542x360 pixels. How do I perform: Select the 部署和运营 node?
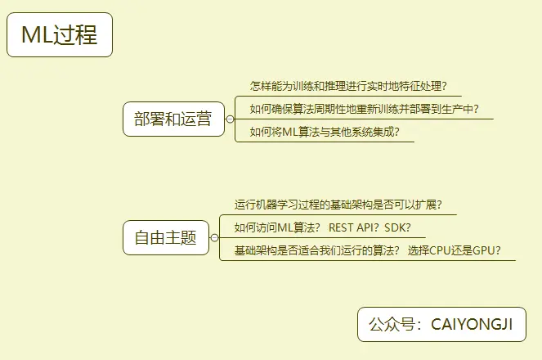click(173, 119)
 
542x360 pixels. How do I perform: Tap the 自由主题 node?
click(166, 238)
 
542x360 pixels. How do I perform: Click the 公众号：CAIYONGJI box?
click(441, 325)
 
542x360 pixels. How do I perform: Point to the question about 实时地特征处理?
click(348, 86)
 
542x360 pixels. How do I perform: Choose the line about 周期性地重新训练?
click(364, 108)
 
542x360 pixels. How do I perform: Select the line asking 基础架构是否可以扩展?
click(343, 205)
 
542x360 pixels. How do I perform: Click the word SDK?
click(397, 227)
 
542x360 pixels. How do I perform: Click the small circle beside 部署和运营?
click(230, 119)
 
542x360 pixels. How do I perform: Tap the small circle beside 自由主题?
click(214, 238)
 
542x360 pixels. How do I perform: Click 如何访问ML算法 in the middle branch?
click(276, 227)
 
